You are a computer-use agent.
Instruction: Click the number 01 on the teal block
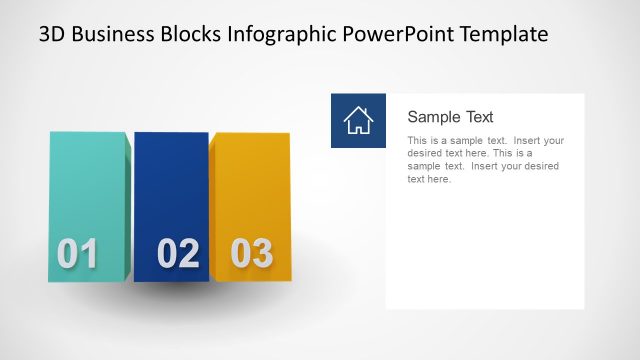pyautogui.click(x=77, y=254)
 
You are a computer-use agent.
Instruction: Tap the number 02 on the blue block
pyautogui.click(x=178, y=254)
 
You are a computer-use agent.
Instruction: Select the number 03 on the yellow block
pyautogui.click(x=251, y=253)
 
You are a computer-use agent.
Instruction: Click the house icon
pyautogui.click(x=358, y=120)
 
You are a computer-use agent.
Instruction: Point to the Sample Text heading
pyautogui.click(x=450, y=117)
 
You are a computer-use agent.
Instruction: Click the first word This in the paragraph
pyautogui.click(x=418, y=141)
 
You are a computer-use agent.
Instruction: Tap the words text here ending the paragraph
pyautogui.click(x=429, y=180)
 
